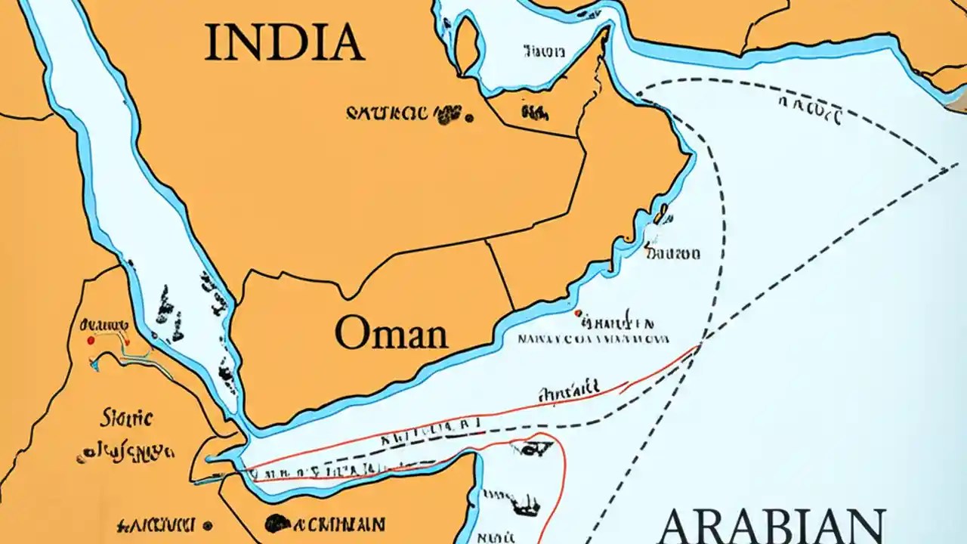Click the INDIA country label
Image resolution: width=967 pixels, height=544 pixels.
click(x=284, y=43)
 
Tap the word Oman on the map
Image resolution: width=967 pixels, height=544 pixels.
click(x=391, y=332)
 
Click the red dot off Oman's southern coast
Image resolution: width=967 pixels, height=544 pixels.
click(x=578, y=312)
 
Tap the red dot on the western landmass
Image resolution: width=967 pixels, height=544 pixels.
click(x=91, y=341)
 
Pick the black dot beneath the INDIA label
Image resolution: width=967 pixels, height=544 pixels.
click(x=469, y=117)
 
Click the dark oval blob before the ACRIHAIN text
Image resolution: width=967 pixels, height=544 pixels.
click(x=278, y=523)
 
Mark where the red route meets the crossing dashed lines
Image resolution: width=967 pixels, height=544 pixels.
click(x=700, y=345)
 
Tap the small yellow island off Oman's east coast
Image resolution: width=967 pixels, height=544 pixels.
click(x=663, y=211)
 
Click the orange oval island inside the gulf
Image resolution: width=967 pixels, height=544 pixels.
click(x=467, y=42)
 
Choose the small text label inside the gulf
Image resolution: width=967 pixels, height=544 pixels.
click(x=543, y=52)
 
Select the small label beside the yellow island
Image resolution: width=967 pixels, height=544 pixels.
click(x=672, y=254)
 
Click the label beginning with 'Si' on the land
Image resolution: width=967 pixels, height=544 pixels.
click(x=126, y=417)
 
